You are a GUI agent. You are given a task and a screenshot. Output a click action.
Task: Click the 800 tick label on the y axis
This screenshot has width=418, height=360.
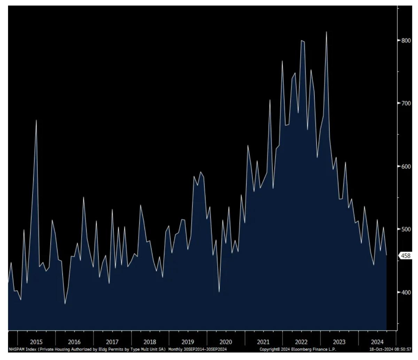(x=406, y=40)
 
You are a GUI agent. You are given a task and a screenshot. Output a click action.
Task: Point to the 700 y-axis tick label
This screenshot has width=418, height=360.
(x=406, y=103)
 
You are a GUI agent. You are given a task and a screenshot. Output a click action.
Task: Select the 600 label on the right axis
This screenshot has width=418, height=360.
(x=406, y=166)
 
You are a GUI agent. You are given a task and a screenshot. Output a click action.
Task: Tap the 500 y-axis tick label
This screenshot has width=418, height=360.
(x=406, y=229)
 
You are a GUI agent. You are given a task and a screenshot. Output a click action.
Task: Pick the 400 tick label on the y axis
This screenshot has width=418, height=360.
(x=406, y=292)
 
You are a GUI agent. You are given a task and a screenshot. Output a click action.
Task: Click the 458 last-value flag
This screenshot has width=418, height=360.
(x=406, y=256)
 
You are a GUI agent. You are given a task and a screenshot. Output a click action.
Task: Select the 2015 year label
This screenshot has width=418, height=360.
(x=37, y=342)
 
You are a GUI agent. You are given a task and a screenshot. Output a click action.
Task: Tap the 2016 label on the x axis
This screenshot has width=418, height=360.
(x=74, y=342)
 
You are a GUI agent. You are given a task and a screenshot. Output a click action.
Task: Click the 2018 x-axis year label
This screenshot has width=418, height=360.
(x=150, y=342)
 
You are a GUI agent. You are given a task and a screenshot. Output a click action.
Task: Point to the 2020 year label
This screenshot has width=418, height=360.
(x=225, y=342)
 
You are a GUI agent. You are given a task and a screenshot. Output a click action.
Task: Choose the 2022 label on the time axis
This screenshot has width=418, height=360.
(x=301, y=342)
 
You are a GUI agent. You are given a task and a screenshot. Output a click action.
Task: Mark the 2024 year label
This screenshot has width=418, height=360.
(x=377, y=342)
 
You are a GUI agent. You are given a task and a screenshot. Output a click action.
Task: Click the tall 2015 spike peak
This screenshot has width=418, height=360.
(x=36, y=120)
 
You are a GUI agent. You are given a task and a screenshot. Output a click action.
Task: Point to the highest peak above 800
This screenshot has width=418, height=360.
(x=326, y=32)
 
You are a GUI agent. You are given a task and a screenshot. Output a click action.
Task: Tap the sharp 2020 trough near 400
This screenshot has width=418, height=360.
(x=219, y=292)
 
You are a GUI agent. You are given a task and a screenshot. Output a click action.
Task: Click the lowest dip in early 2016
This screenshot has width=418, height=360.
(x=65, y=304)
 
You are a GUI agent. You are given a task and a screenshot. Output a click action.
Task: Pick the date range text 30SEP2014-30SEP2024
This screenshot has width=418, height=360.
(x=205, y=349)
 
